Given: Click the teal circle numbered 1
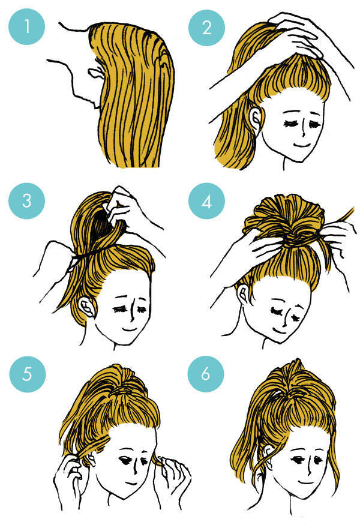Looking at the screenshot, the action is [x=26, y=27].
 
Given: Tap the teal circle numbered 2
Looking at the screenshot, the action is [x=206, y=28].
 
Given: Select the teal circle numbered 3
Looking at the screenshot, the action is [x=26, y=201].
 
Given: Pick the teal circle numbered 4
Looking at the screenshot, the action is [x=206, y=202].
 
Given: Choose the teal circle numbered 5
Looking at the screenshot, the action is [x=27, y=374].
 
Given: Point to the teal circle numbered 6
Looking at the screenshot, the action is [x=206, y=374].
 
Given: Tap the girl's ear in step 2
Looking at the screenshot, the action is [x=256, y=119].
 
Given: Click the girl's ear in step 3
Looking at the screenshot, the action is [x=86, y=307].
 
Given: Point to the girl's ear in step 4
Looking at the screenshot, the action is [x=244, y=294].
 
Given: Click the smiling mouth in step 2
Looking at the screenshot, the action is [x=301, y=145].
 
